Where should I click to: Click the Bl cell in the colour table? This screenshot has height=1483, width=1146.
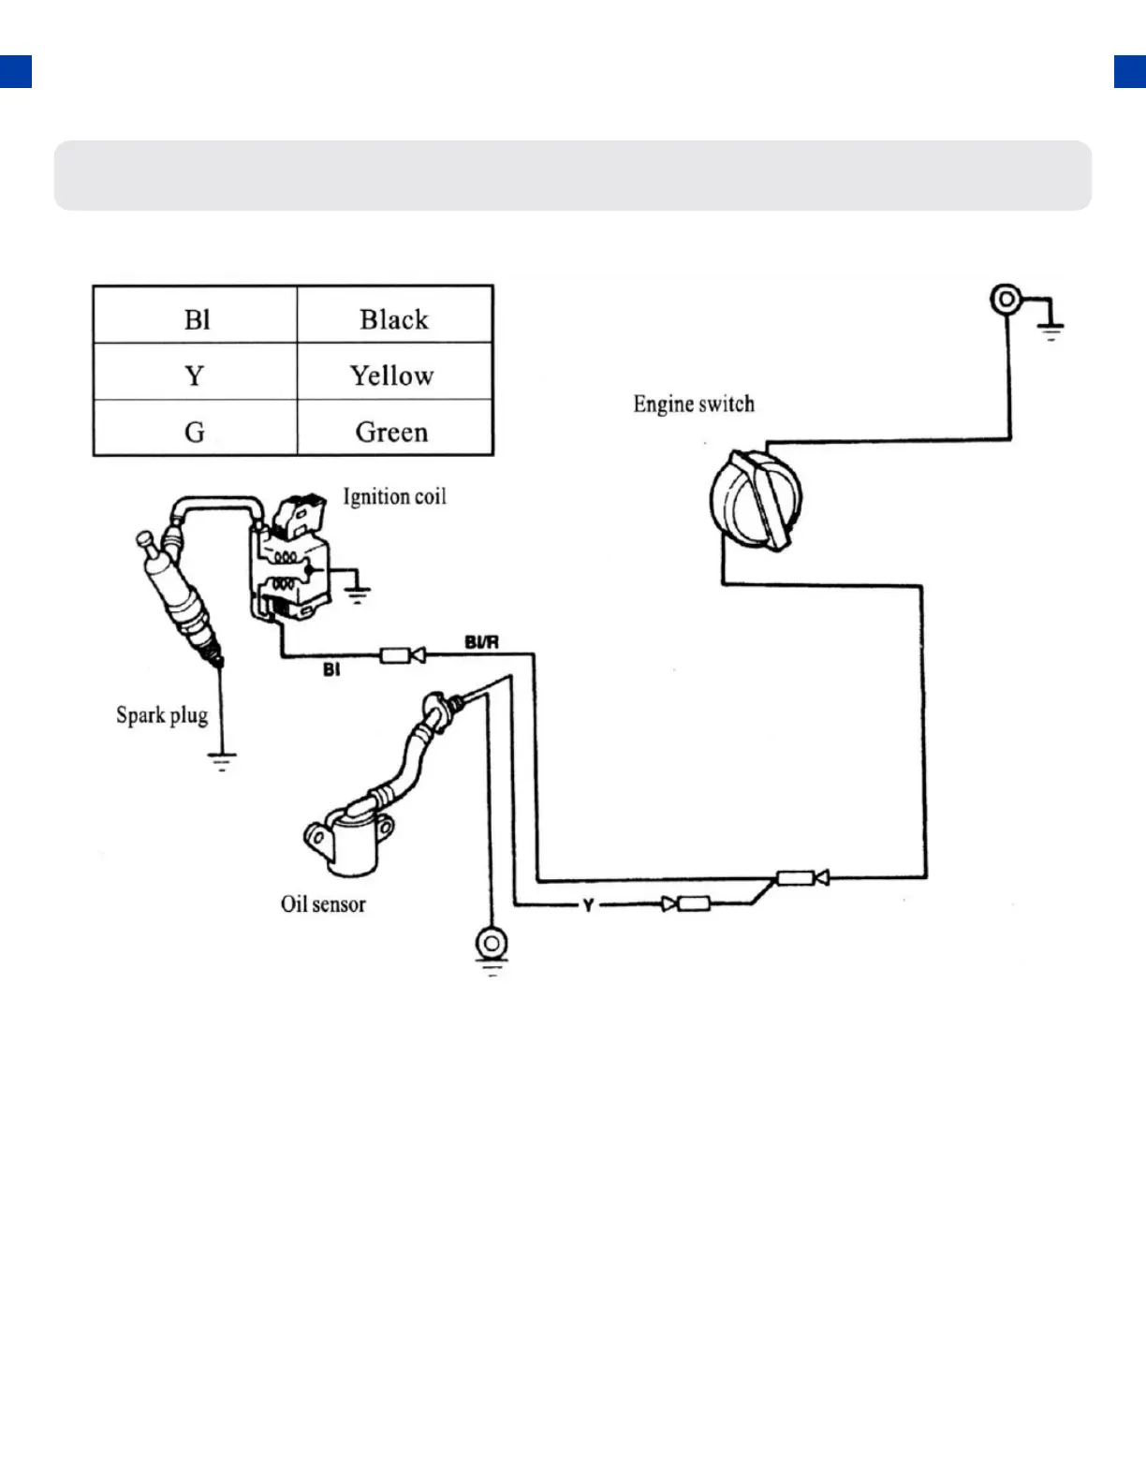(197, 319)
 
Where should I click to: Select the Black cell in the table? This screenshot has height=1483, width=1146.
(394, 319)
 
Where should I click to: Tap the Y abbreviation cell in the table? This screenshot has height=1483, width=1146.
(194, 375)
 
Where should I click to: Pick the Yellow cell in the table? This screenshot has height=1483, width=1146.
(392, 375)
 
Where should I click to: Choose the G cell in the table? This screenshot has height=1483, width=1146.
(194, 432)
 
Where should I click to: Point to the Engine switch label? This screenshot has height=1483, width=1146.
(694, 404)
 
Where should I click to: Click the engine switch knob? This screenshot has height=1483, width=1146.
(756, 500)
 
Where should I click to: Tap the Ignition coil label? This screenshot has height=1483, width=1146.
(394, 496)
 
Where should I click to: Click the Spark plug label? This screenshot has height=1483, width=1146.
(162, 715)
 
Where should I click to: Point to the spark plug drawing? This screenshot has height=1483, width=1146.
(184, 599)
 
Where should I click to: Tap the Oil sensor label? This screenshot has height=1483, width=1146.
(323, 903)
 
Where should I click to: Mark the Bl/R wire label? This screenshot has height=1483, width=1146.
(481, 642)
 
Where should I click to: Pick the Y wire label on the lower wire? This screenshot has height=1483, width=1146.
(588, 904)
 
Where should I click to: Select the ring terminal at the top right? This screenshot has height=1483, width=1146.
(1006, 300)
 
